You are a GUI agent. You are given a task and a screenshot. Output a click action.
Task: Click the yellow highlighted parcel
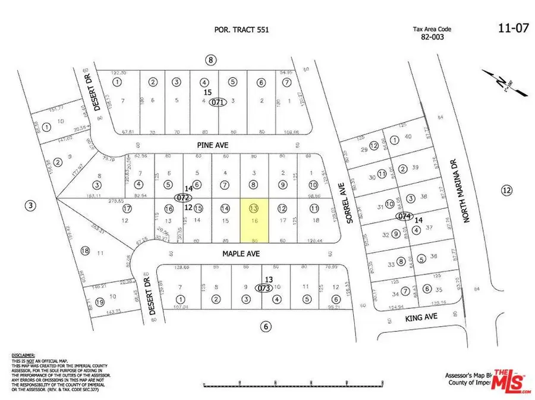click(x=254, y=220)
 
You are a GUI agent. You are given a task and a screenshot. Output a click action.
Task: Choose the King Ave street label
click(x=422, y=318)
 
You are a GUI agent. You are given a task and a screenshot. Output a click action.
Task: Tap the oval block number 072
click(x=182, y=196)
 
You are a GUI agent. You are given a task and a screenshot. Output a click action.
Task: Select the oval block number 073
click(x=265, y=288)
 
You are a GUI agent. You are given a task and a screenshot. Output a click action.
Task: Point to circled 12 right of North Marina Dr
click(x=506, y=190)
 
